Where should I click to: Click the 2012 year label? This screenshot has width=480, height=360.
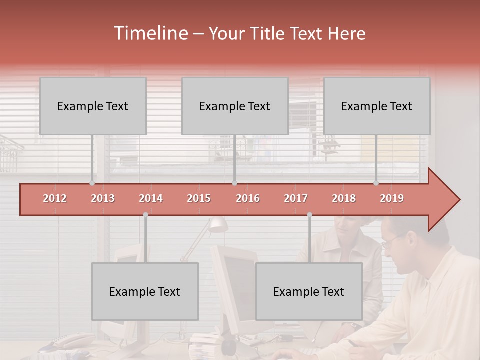click(55, 198)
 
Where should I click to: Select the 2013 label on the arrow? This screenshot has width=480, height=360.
click(103, 198)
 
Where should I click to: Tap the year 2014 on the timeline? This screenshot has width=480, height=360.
click(151, 198)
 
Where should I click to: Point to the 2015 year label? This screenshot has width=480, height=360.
click(199, 198)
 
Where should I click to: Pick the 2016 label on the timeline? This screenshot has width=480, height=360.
click(248, 198)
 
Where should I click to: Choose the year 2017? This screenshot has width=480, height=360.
click(296, 198)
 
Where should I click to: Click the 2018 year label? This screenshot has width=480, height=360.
click(344, 198)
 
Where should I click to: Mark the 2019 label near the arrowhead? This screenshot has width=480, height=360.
click(392, 198)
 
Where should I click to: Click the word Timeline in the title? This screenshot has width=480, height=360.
click(150, 33)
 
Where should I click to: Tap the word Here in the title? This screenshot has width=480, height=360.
click(346, 34)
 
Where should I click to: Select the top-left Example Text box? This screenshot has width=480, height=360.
click(93, 106)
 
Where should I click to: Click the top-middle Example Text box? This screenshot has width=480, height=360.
click(235, 106)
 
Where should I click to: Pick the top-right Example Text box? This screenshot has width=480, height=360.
click(377, 106)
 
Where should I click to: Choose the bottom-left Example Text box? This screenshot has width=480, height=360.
click(145, 291)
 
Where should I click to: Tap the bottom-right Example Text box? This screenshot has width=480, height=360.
click(309, 291)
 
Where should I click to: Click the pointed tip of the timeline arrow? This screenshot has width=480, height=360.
click(459, 200)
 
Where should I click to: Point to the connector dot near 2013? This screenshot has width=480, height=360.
click(92, 183)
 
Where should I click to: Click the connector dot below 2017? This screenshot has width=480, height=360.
click(309, 215)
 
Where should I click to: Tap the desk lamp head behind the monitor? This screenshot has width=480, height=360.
click(218, 224)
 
